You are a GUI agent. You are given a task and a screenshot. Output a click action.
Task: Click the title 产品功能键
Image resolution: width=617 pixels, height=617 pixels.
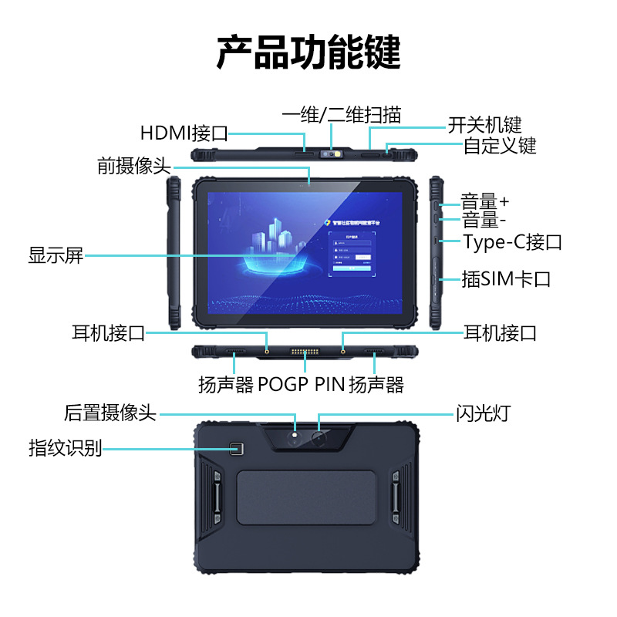click(308, 52)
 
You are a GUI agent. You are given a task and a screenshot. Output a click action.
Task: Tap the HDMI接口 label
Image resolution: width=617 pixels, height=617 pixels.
click(184, 133)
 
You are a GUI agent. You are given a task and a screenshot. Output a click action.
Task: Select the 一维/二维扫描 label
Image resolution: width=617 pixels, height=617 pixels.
click(342, 116)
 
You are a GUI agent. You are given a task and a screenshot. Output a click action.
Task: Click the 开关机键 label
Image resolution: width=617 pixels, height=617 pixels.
click(485, 125)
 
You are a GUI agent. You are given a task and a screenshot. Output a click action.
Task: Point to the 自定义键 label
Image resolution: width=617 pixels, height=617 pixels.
click(500, 145)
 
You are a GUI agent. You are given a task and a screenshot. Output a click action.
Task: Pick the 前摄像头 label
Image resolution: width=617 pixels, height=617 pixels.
click(133, 166)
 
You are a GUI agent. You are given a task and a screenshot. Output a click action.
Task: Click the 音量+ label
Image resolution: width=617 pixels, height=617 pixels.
click(485, 201)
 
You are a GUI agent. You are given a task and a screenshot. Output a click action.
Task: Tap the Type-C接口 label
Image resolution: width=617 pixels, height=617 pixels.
click(513, 242)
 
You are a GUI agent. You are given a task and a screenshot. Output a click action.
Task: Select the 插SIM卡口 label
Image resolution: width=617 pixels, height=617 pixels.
click(506, 278)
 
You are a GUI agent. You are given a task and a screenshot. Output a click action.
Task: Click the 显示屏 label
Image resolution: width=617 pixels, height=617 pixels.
click(56, 255)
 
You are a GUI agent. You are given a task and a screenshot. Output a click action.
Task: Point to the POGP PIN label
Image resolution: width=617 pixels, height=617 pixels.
click(302, 384)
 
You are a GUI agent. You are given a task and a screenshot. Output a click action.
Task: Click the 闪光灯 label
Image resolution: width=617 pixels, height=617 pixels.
click(481, 413)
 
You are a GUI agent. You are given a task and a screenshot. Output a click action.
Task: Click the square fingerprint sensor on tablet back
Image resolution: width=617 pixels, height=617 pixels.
click(238, 449)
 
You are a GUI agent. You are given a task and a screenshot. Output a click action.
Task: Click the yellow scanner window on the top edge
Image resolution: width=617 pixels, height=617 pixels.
click(335, 153)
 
